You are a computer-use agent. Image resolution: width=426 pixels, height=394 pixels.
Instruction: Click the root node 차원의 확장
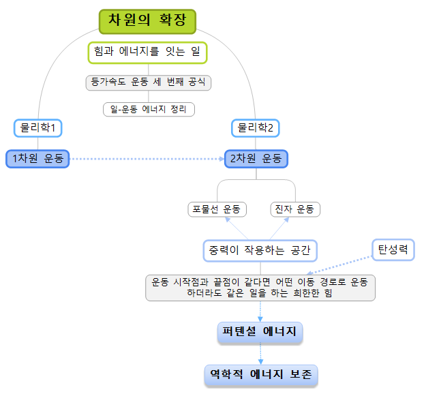tap(147, 21)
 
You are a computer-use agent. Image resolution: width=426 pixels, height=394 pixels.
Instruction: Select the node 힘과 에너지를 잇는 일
tap(147, 52)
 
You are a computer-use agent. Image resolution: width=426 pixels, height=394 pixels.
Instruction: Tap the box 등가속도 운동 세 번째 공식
tap(149, 82)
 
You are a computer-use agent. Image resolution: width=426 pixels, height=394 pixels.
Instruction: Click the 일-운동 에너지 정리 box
tap(149, 109)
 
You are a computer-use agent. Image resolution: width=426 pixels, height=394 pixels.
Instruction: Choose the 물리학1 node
tap(37, 127)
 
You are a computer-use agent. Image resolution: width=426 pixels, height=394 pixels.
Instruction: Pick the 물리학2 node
tap(256, 127)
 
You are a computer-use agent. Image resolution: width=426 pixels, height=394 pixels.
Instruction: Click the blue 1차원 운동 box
tap(37, 159)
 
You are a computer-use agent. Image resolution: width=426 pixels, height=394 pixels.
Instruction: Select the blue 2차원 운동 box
tap(256, 159)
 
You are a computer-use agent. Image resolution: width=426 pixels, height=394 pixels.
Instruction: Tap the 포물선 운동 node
tap(217, 209)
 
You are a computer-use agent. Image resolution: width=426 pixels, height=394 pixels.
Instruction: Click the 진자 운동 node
tap(295, 209)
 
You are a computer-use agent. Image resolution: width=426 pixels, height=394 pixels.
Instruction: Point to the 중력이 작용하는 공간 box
tap(260, 250)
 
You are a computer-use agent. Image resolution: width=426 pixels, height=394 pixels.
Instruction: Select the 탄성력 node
tap(393, 249)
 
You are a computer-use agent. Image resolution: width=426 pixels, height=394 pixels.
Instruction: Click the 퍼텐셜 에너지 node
tap(260, 332)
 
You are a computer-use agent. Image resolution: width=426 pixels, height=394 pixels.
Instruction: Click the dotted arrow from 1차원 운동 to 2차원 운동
tap(147, 159)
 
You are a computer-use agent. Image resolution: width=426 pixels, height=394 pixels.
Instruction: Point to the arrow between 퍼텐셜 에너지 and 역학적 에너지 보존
tap(260, 353)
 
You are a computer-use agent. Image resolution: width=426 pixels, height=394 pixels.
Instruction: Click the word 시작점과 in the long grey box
tap(198, 282)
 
